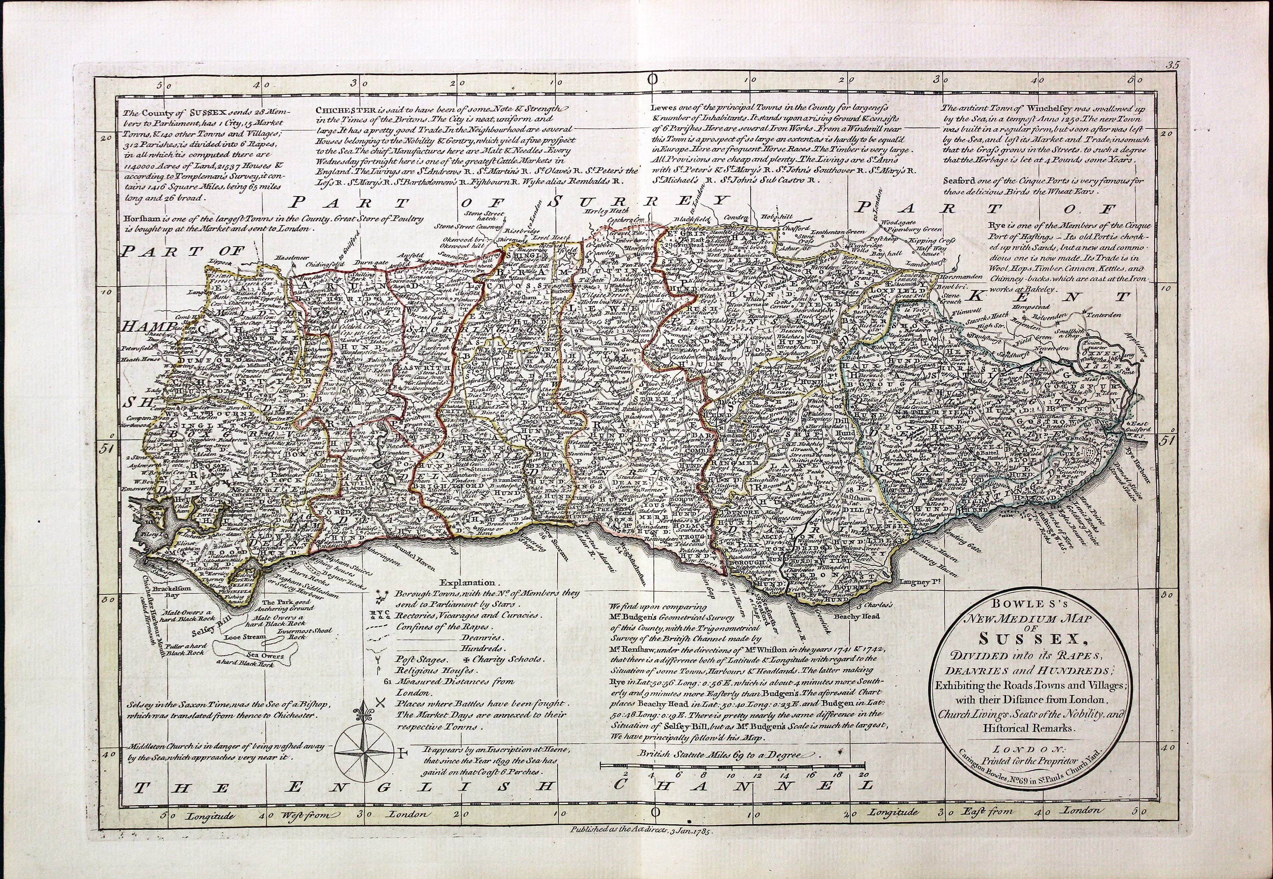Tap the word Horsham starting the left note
tap(144, 218)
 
